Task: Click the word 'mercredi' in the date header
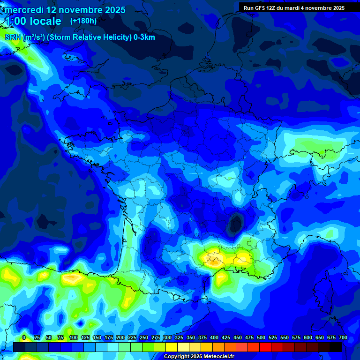click(22, 10)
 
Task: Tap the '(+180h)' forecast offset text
click(83, 21)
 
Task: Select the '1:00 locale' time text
click(33, 21)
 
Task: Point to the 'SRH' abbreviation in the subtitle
click(13, 37)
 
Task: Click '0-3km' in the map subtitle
click(144, 37)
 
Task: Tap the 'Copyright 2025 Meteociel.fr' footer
click(199, 357)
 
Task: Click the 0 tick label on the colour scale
click(24, 337)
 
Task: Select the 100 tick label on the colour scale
click(74, 337)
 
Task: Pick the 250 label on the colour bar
click(144, 337)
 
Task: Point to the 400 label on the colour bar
click(214, 337)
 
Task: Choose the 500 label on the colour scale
click(261, 337)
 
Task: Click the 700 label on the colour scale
click(343, 337)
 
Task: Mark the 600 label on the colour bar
click(308, 337)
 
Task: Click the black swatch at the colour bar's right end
click(336, 347)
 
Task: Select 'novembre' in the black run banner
click(318, 8)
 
